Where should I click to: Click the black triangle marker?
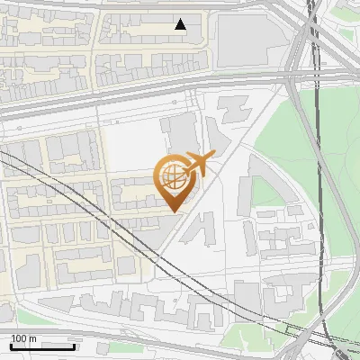(x=181, y=24)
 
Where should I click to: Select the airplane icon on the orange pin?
(x=197, y=165)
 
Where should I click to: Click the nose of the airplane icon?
(x=213, y=156)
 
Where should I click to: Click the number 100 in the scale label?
(x=20, y=338)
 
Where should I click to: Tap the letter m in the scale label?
(x=32, y=338)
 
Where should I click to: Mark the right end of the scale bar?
(x=75, y=346)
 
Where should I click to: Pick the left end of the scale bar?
(x=11, y=346)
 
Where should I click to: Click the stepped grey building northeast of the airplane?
(x=231, y=110)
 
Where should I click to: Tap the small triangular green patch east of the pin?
(x=265, y=190)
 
